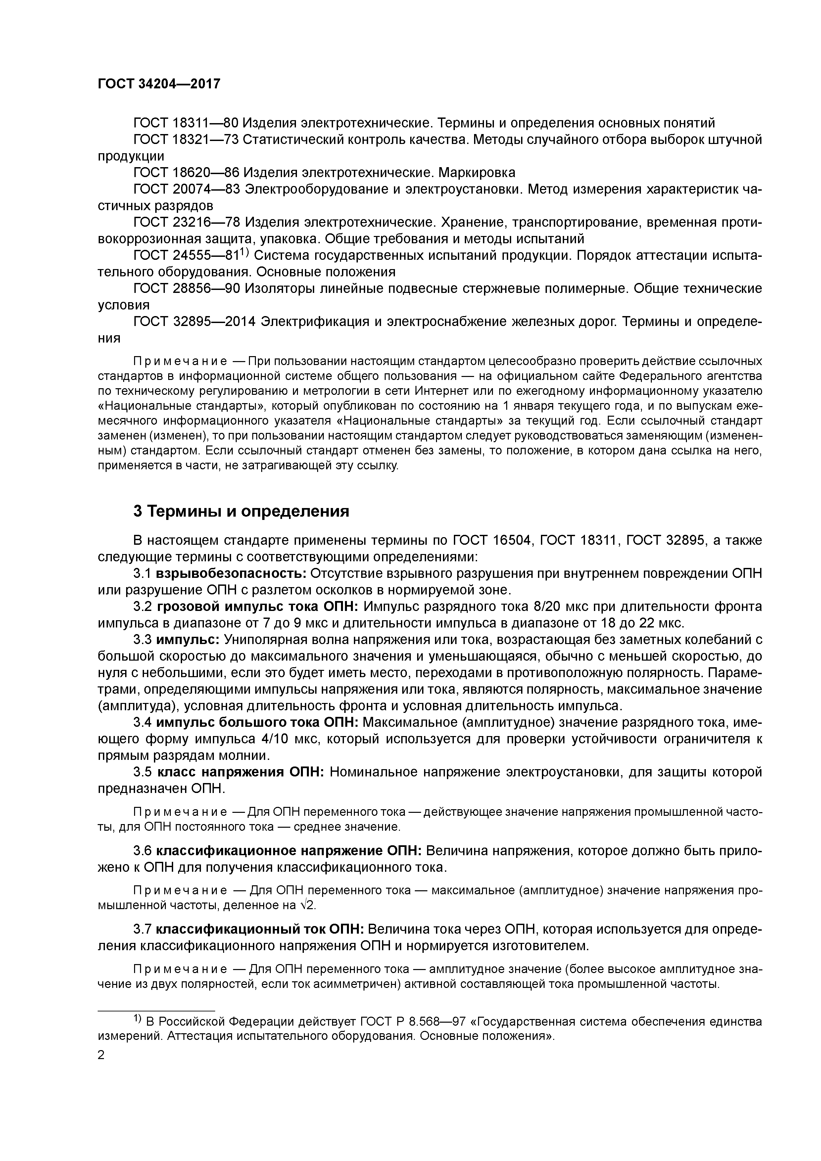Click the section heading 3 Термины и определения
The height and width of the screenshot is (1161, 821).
click(241, 511)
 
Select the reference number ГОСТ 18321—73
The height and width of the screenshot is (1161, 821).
click(186, 140)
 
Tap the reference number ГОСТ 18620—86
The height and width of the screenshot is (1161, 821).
click(186, 172)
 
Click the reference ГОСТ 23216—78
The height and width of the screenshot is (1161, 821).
click(186, 222)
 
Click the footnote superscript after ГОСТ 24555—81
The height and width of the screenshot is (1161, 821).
click(242, 252)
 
